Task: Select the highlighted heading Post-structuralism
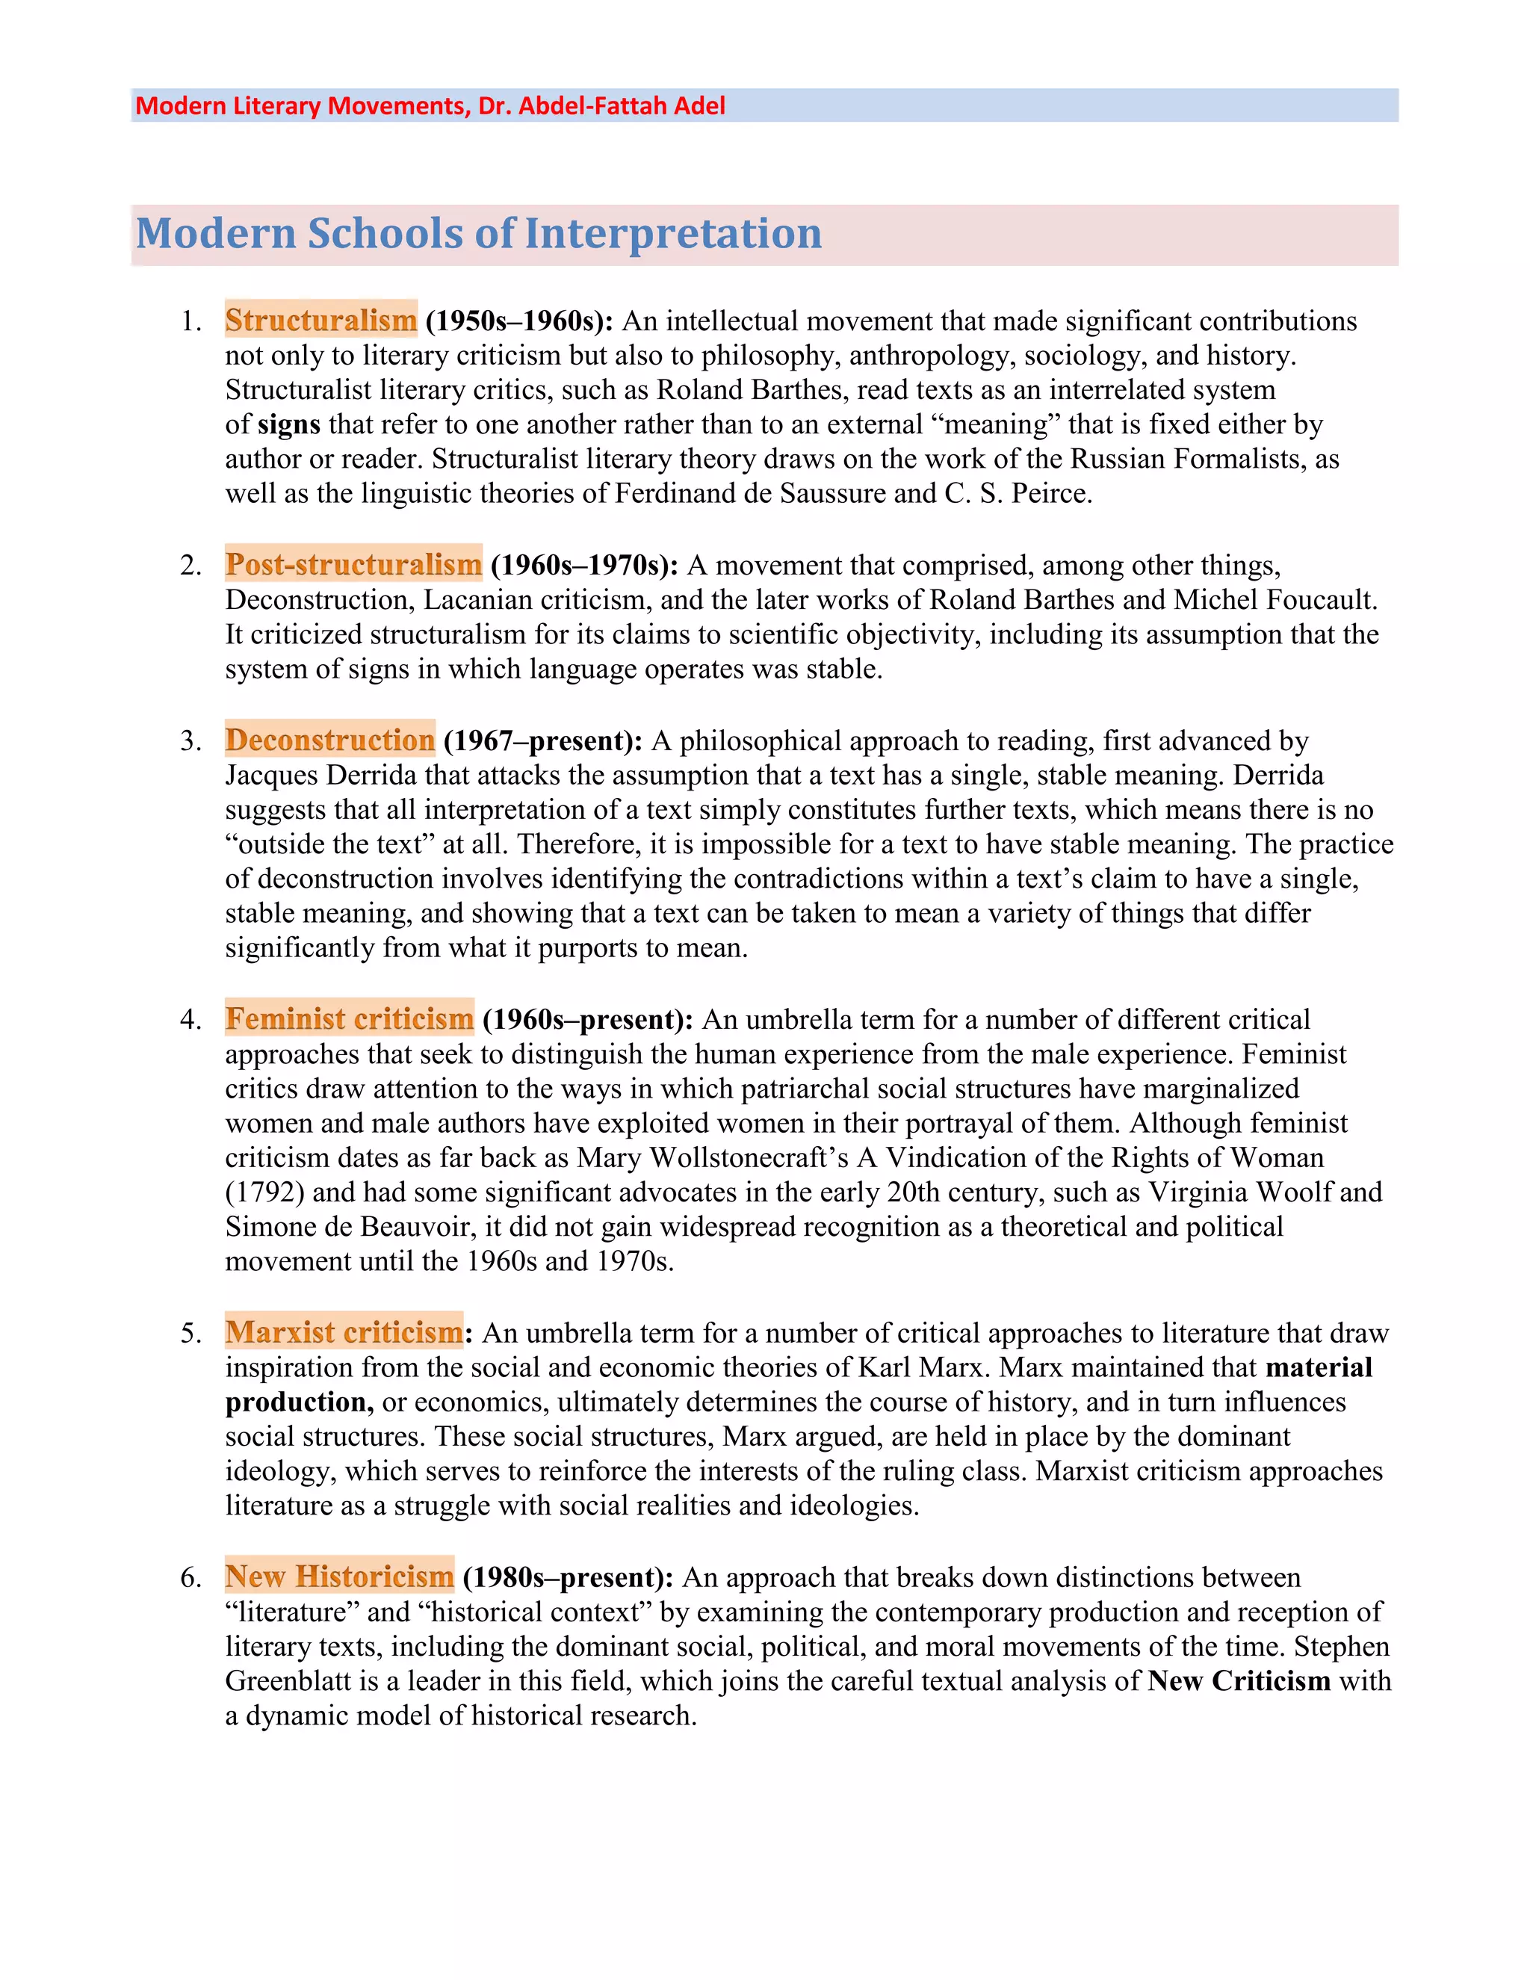point(353,564)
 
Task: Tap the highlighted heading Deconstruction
point(330,740)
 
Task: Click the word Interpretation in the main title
point(672,234)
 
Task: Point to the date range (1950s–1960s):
point(519,321)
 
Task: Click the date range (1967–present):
point(543,740)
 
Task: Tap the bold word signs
point(289,424)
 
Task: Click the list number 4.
point(190,1020)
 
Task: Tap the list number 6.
point(190,1577)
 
